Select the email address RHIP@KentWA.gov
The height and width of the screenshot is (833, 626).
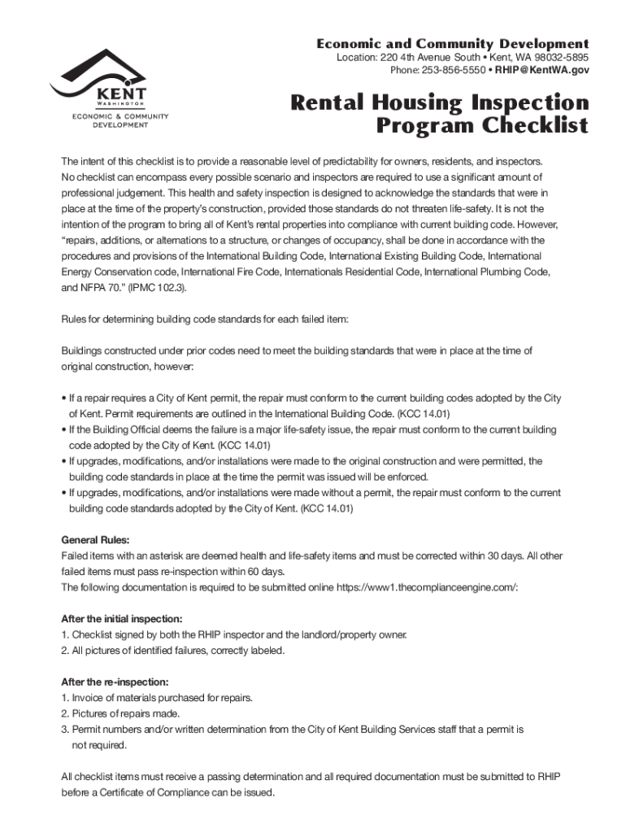(x=549, y=71)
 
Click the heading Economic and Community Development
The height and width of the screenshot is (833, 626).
(x=452, y=43)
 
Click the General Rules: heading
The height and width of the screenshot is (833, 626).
(x=95, y=540)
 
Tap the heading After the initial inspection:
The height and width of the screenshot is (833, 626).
(x=122, y=618)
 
